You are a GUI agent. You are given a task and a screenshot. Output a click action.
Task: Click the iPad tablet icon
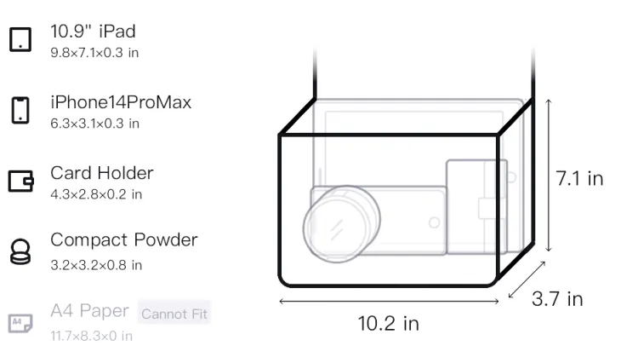[20, 39]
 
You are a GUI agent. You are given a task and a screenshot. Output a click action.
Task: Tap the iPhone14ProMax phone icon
[20, 110]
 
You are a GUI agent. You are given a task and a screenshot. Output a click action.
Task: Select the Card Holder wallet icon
[20, 181]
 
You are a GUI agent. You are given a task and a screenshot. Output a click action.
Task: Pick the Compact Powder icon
[20, 251]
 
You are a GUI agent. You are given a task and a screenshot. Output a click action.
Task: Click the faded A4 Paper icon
[20, 323]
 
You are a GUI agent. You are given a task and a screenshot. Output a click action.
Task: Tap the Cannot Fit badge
[174, 314]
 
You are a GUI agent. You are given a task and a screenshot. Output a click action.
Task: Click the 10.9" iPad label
[93, 32]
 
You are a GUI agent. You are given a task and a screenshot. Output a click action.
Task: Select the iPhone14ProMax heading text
[121, 102]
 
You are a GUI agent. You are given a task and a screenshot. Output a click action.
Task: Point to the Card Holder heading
[102, 173]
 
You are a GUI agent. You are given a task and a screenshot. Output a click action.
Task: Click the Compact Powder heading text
[123, 240]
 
